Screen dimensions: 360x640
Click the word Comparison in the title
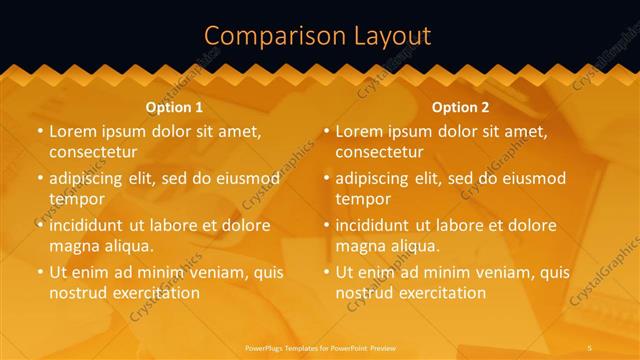tap(268, 36)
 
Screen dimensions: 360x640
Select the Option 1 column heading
tap(174, 107)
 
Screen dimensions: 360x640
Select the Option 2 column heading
tap(461, 107)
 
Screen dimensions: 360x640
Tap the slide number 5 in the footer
tap(590, 347)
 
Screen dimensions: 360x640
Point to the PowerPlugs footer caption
tap(320, 347)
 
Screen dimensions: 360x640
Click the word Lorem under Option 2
tap(360, 131)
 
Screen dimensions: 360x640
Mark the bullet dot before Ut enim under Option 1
tap(40, 272)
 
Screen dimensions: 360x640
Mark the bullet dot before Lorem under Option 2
tap(327, 131)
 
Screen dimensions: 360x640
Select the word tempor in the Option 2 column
tap(362, 199)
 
